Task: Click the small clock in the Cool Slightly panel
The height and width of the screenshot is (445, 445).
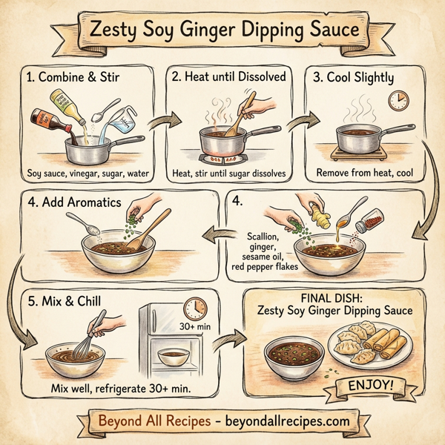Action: [398, 101]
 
